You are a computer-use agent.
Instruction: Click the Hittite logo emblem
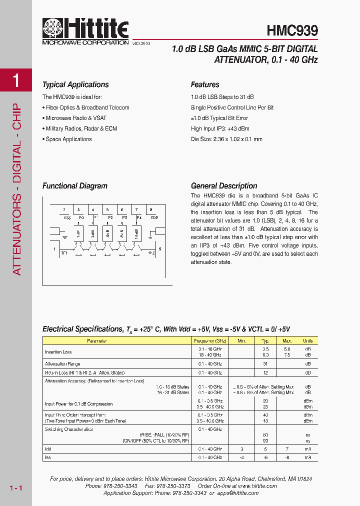[53, 29]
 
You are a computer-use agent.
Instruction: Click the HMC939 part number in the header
[292, 30]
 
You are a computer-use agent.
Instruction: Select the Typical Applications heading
[75, 84]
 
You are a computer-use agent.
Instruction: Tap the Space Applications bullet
[68, 139]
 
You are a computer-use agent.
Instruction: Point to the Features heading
[205, 84]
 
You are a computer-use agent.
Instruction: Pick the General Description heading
[224, 185]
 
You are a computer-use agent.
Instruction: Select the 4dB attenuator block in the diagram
[108, 233]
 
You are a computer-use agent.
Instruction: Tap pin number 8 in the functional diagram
[151, 209]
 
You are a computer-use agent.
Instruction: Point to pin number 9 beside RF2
[159, 248]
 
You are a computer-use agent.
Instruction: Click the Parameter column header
[97, 340]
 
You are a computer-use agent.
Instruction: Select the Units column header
[308, 340]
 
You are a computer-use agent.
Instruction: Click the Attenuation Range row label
[62, 364]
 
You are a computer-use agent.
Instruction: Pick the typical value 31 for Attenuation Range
[266, 364]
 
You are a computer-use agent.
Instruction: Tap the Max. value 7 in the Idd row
[287, 449]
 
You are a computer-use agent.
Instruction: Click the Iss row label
[48, 457]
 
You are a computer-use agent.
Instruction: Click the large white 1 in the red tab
[16, 80]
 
